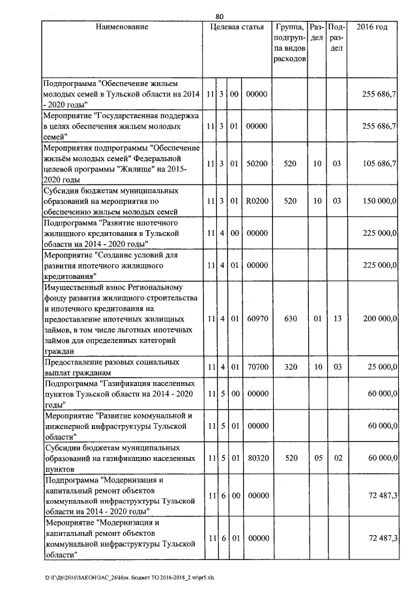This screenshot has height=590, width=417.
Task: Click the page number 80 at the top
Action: pos(220,16)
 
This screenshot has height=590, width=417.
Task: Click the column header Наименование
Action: pos(122,27)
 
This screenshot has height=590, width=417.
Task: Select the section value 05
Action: pos(317,458)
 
